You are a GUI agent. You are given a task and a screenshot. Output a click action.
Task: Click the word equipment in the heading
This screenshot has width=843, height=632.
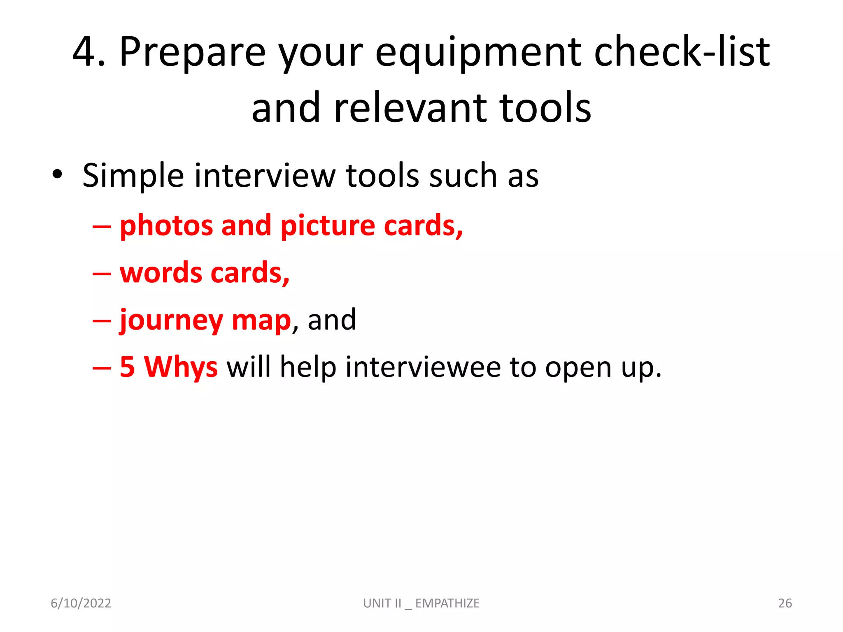pyautogui.click(x=477, y=53)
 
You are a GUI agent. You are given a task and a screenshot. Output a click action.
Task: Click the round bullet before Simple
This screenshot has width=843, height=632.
pyautogui.click(x=57, y=174)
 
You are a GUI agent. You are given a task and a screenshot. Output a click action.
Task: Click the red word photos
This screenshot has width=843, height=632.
pyautogui.click(x=166, y=226)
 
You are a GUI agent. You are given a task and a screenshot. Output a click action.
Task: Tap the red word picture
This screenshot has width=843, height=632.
pyautogui.click(x=327, y=226)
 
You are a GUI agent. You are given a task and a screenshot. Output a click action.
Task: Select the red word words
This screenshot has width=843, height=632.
pyautogui.click(x=161, y=272)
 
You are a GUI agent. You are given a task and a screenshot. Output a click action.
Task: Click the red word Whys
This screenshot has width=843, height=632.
pyautogui.click(x=181, y=367)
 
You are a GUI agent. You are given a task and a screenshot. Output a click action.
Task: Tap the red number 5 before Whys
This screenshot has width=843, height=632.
pyautogui.click(x=127, y=367)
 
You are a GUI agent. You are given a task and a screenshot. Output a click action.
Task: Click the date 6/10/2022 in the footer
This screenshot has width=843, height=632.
pyautogui.click(x=81, y=603)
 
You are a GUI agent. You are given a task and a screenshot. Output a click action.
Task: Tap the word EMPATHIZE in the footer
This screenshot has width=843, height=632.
pyautogui.click(x=447, y=603)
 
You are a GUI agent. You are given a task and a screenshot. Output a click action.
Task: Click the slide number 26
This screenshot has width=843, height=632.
pyautogui.click(x=785, y=603)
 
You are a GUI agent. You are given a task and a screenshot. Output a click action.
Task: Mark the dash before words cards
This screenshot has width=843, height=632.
pyautogui.click(x=102, y=273)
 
